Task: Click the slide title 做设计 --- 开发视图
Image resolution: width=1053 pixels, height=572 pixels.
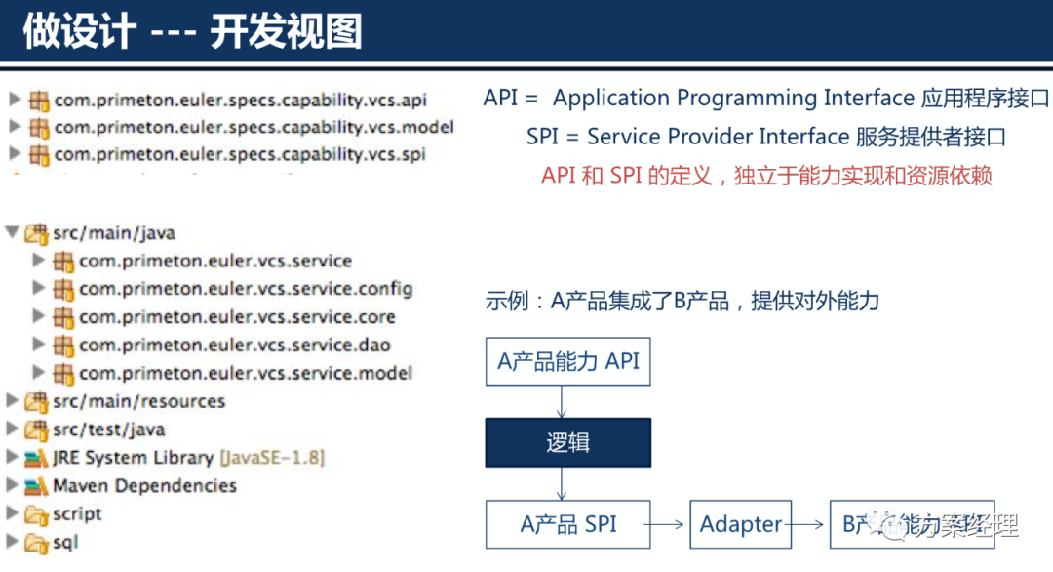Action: (x=192, y=31)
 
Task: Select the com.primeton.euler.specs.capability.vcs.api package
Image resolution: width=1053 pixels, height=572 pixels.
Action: (x=240, y=100)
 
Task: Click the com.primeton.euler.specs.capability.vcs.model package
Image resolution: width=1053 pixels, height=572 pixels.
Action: (x=253, y=127)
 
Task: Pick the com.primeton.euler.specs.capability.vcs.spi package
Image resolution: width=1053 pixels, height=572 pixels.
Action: (x=240, y=154)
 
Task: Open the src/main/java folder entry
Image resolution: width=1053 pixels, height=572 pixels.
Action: (x=113, y=233)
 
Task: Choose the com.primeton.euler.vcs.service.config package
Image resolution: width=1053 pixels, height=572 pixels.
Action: (x=246, y=289)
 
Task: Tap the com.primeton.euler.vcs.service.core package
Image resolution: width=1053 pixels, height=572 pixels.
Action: (x=237, y=317)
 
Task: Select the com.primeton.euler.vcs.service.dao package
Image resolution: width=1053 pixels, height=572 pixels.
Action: (x=234, y=345)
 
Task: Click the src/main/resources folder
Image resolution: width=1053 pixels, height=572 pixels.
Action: (x=138, y=401)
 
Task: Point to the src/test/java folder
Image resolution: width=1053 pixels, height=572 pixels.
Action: (x=108, y=429)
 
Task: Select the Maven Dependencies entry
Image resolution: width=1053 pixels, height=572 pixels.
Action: (x=144, y=485)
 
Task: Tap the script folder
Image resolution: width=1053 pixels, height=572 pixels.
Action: (x=77, y=513)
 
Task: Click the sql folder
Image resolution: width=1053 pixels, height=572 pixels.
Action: (x=65, y=542)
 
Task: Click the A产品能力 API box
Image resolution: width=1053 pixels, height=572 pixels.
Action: (x=568, y=361)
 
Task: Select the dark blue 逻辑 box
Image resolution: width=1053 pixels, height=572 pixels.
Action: (x=568, y=442)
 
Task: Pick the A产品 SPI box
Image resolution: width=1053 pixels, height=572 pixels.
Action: (x=568, y=524)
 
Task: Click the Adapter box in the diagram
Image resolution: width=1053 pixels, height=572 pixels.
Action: (x=740, y=524)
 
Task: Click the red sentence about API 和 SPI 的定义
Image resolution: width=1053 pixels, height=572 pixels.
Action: (x=766, y=176)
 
